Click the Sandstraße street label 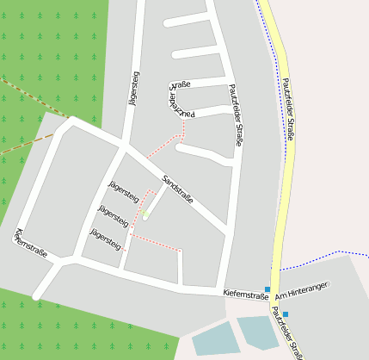178,189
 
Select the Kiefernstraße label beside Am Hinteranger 245,294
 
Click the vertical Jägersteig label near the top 133,90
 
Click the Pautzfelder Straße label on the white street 236,115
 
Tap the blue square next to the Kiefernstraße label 268,289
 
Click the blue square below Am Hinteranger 286,313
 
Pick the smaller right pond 257,331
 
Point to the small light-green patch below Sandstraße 145,214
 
